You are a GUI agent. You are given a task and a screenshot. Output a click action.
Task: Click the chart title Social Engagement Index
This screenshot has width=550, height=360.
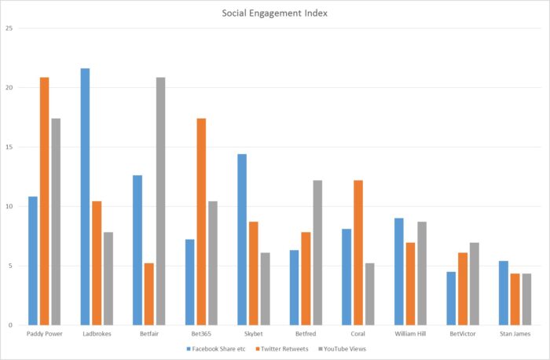tap(274, 13)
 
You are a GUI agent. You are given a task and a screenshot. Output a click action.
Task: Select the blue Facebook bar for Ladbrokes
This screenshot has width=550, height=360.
tap(85, 197)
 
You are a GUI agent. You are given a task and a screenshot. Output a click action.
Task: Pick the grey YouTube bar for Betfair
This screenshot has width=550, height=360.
tap(160, 201)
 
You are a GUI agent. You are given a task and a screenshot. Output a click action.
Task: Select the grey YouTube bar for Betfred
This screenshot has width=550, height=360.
tap(317, 252)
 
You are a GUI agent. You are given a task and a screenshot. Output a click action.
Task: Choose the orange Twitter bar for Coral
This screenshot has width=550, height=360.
tap(358, 252)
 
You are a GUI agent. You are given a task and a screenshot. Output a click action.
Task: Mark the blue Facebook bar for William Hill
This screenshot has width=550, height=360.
tap(399, 271)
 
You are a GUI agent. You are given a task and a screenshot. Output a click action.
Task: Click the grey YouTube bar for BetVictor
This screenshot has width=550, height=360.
tap(474, 284)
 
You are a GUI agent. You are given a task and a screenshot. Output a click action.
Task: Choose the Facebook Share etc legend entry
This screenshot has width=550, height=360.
tap(219, 348)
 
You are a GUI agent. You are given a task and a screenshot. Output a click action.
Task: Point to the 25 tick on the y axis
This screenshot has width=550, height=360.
tap(9, 28)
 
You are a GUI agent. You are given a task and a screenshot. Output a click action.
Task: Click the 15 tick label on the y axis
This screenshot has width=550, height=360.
tap(9, 147)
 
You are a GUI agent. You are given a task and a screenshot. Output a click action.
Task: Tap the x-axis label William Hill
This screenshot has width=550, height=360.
tap(410, 334)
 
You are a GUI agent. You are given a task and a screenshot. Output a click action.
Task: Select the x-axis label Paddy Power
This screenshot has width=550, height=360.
tap(44, 334)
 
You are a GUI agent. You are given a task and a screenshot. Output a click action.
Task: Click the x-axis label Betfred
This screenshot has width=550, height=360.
tap(306, 334)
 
